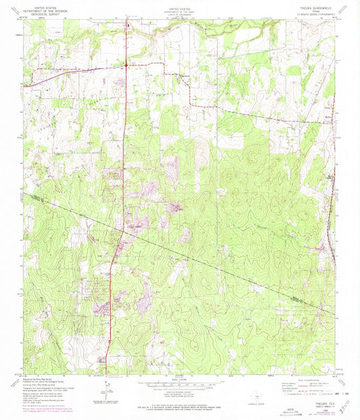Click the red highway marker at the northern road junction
coord(126,65)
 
